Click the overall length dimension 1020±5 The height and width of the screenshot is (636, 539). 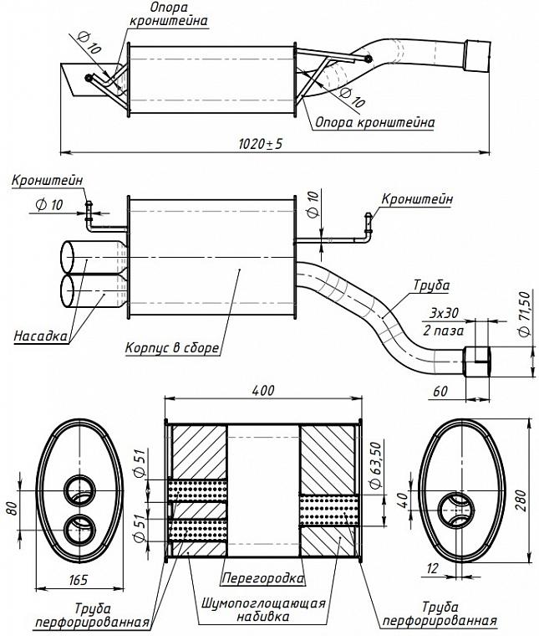click(261, 144)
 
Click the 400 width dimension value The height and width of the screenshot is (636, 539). click(262, 392)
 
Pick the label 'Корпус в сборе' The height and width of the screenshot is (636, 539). click(172, 346)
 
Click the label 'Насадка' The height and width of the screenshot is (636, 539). click(39, 336)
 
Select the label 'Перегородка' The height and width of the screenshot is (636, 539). click(262, 577)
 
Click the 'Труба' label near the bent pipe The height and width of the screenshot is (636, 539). click(431, 286)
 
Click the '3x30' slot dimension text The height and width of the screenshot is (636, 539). click(444, 313)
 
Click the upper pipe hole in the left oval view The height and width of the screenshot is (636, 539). click(81, 490)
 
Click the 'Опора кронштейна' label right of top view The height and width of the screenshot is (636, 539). click(375, 122)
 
